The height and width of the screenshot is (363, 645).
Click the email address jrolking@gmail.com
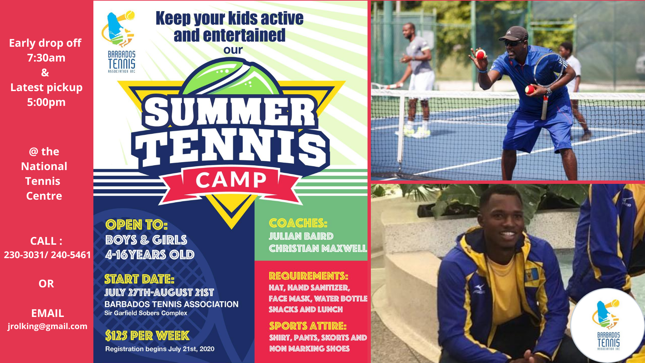click(47, 326)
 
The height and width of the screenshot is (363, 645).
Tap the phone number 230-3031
click(24, 255)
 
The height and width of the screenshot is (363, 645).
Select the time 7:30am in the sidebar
click(46, 58)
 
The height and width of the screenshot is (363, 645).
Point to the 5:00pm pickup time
click(46, 102)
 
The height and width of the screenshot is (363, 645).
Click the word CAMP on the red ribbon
click(231, 180)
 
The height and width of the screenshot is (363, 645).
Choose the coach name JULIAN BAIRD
click(301, 236)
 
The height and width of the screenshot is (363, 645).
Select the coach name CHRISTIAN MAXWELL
click(318, 248)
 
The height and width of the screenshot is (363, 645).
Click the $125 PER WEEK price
click(147, 335)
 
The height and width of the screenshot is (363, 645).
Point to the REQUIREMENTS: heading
click(308, 276)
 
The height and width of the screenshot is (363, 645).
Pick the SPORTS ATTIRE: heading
click(308, 326)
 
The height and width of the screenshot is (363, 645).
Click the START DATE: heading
click(139, 279)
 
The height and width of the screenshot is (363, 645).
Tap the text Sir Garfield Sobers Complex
click(146, 313)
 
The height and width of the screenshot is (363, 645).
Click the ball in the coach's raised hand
click(480, 54)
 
